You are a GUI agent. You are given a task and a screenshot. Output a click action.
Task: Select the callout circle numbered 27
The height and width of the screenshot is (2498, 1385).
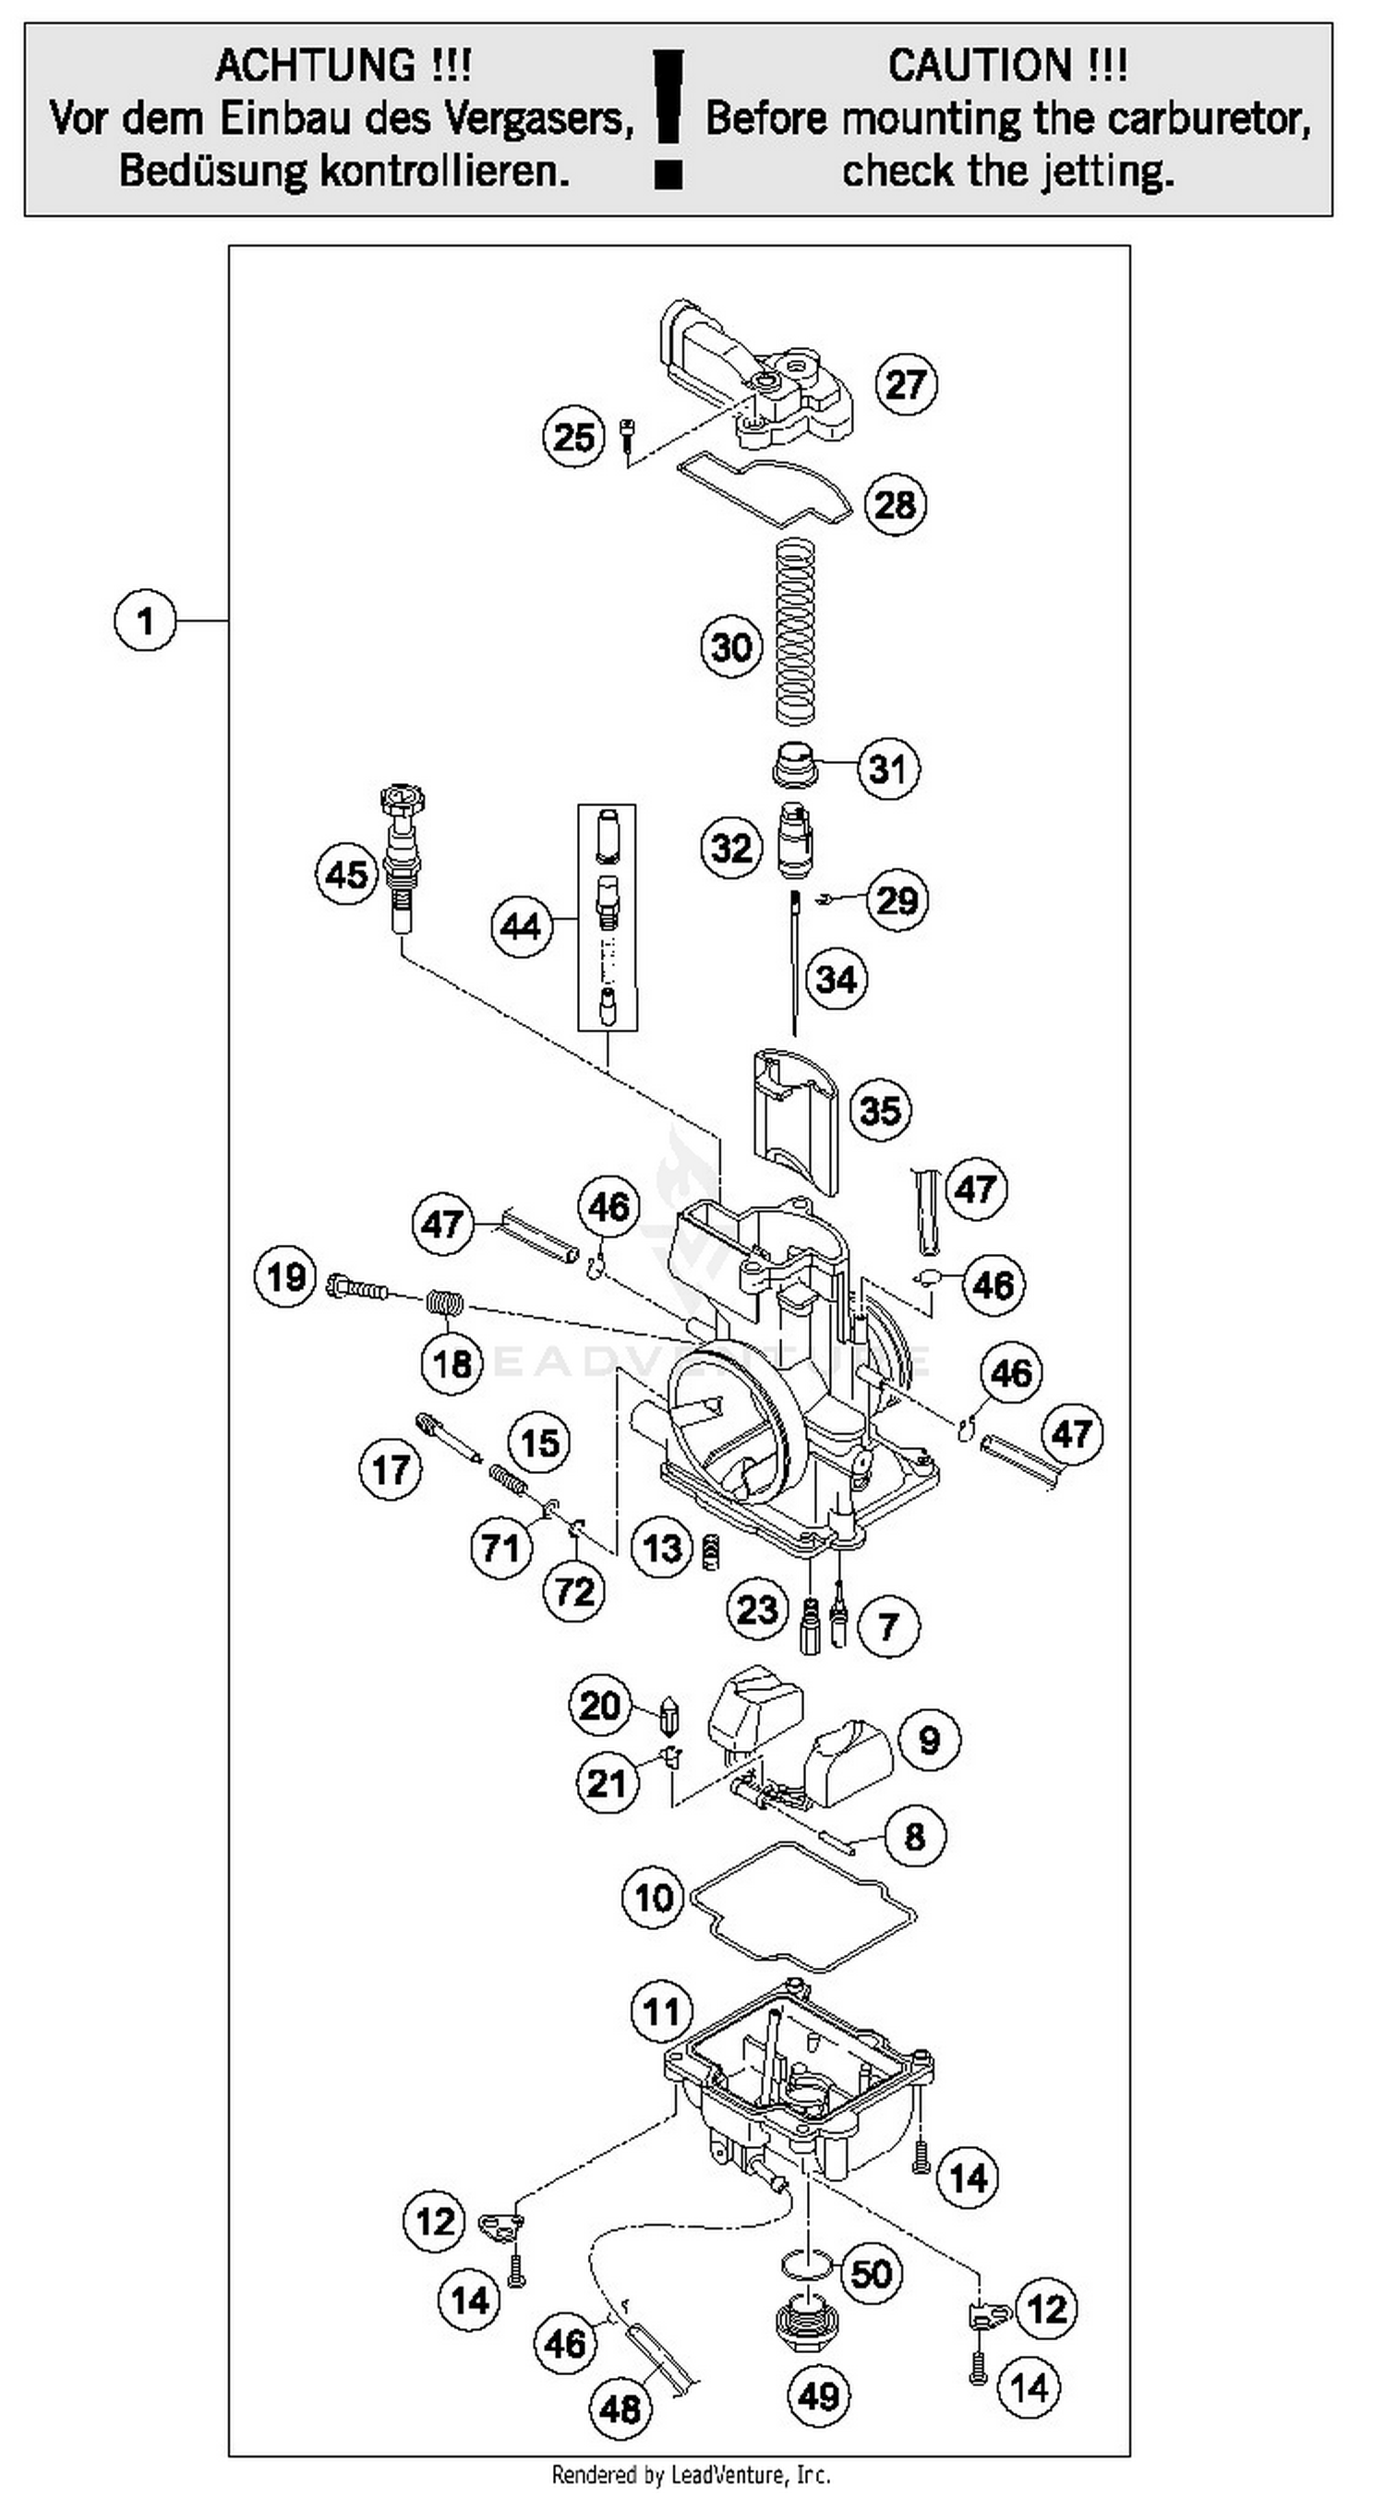(906, 384)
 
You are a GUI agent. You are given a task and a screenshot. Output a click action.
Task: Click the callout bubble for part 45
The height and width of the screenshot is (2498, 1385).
(346, 875)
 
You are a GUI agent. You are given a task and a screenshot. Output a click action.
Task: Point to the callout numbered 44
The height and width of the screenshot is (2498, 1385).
(521, 926)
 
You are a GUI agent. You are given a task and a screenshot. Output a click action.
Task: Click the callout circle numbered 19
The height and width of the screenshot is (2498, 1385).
(286, 1277)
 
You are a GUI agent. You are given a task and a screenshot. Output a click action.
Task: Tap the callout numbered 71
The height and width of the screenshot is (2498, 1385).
(501, 1548)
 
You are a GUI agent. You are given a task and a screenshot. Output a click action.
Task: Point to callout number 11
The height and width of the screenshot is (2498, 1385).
(661, 2011)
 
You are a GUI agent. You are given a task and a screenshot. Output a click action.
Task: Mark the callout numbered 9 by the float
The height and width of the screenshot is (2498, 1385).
(929, 1739)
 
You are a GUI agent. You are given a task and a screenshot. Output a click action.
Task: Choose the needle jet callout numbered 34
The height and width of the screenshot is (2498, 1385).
(836, 980)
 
